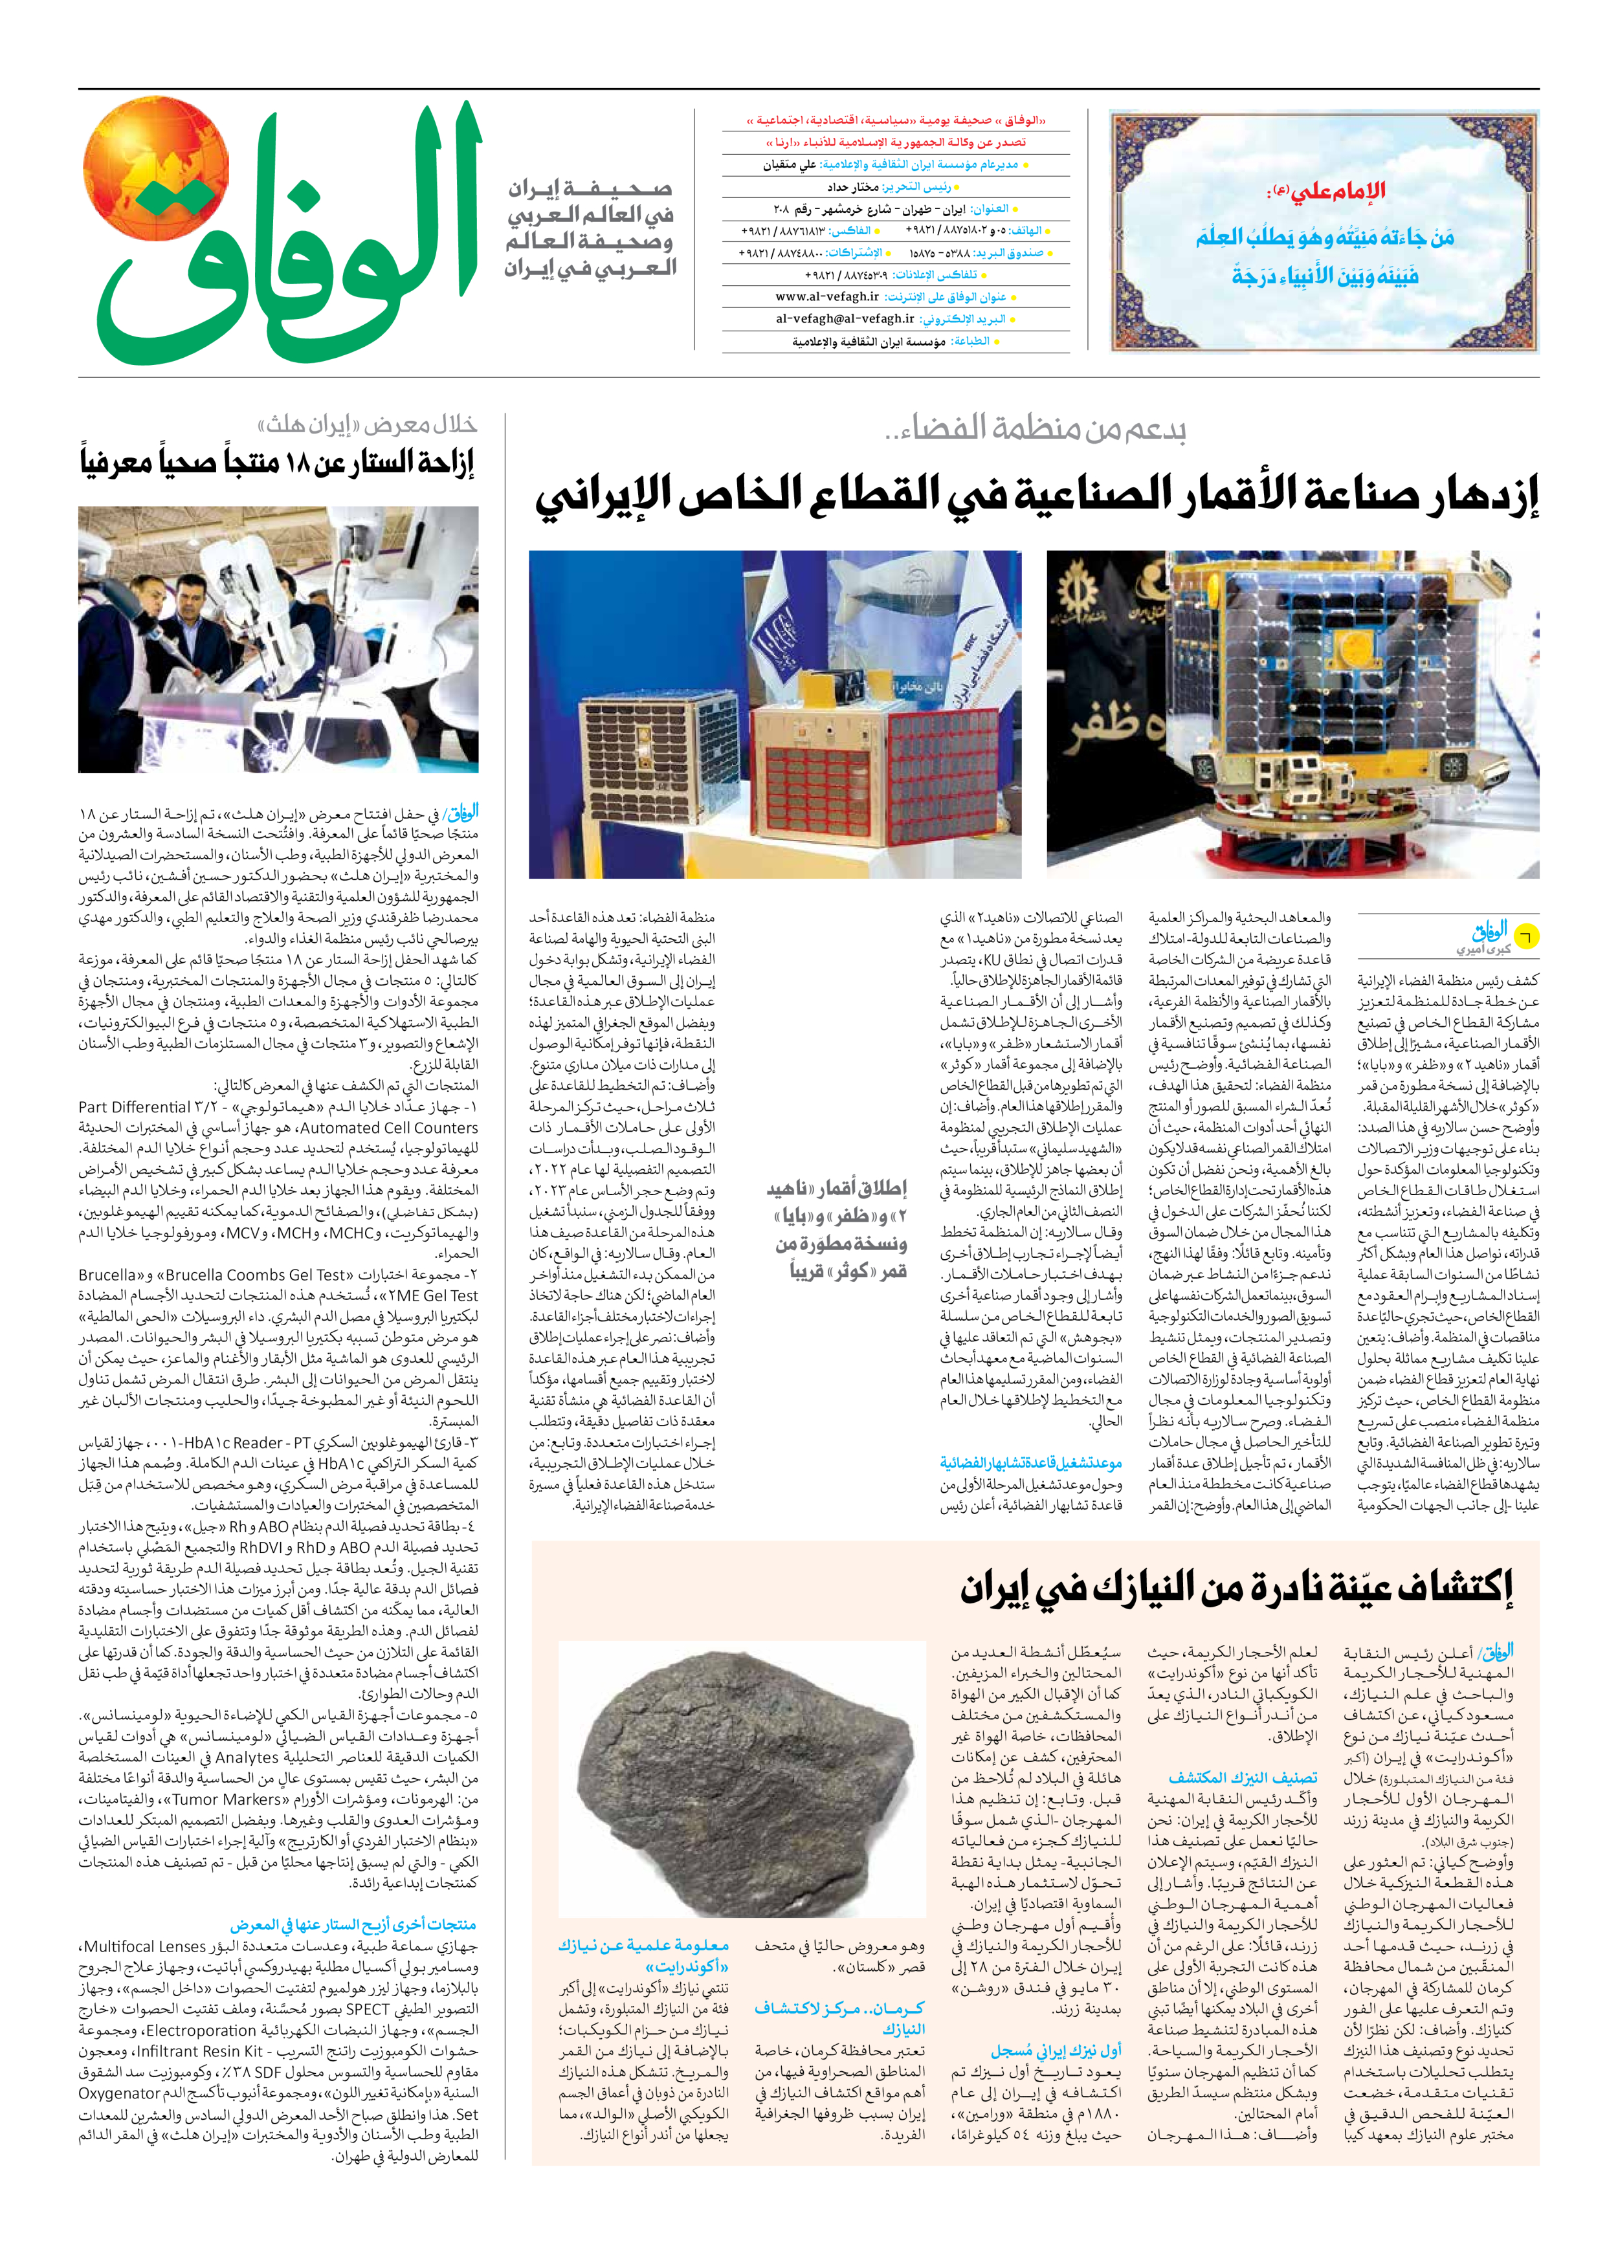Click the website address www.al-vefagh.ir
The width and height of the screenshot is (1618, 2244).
pos(826,297)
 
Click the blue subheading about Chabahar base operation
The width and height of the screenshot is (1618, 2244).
pos(1030,1462)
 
